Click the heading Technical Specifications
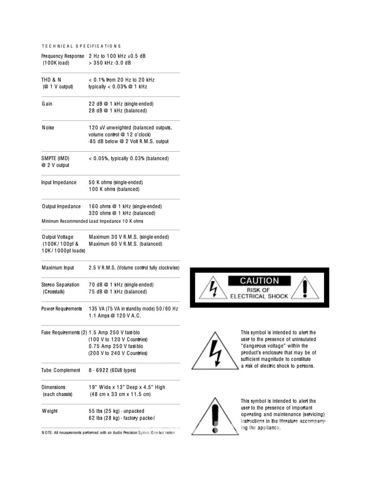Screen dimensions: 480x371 (81, 46)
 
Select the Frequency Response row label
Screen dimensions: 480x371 (63, 56)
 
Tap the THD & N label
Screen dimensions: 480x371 (52, 80)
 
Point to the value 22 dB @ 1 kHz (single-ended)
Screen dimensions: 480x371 (121, 104)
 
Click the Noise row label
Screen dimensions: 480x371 (48, 128)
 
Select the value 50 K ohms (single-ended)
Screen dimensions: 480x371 (116, 182)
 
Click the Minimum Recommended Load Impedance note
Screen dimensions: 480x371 (92, 221)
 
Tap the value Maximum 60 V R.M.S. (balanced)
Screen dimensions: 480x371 (125, 244)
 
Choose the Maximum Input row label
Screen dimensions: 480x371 (58, 268)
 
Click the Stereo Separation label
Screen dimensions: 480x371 (60, 285)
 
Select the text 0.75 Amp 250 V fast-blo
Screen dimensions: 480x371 (116, 346)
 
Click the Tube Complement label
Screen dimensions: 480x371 (61, 370)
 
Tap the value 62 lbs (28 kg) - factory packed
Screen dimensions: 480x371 (122, 418)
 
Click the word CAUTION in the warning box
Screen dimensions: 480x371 (259, 281)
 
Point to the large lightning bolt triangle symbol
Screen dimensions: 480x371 (215, 351)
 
